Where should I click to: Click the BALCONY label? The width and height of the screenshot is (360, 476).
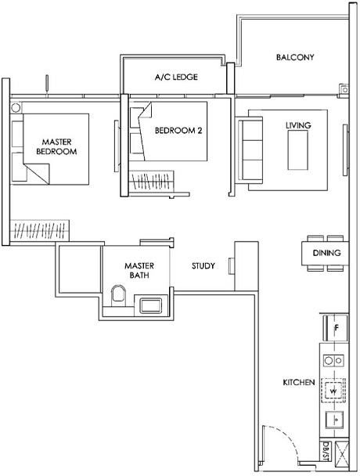point(295,57)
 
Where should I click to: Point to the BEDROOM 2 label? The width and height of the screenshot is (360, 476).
point(178,131)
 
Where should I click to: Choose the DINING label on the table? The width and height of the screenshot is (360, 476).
point(326,254)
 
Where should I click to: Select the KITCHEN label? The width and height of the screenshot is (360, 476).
point(299,383)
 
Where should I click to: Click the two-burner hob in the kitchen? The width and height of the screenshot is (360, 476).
point(333,361)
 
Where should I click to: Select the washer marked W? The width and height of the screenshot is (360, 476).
point(333,389)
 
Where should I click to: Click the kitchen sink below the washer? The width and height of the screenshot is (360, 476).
point(334,419)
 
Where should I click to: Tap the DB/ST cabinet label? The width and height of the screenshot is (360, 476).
point(325,452)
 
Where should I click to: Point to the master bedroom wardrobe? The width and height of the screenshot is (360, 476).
point(40,232)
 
